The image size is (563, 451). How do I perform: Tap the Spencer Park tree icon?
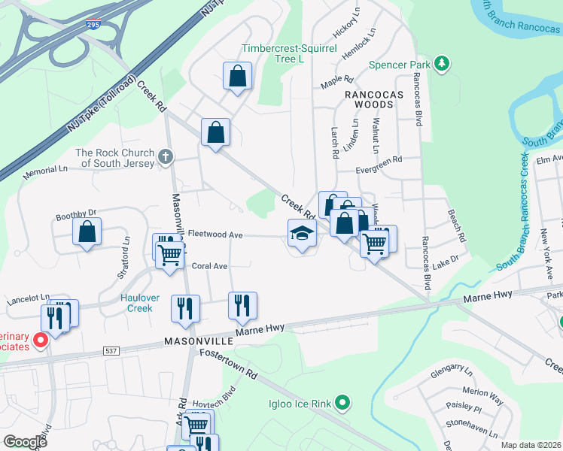pos(443,65)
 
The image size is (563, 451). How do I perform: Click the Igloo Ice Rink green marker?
pos(342,404)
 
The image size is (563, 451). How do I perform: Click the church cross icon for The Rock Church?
pos(166,157)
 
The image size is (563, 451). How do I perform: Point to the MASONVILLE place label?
pos(199,341)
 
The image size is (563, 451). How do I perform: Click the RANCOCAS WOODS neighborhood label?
pos(374,95)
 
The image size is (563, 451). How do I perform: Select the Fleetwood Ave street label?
pos(215,235)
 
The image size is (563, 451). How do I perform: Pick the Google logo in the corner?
pos(26,442)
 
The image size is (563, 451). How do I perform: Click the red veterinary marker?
pos(41,341)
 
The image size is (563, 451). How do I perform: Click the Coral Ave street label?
pos(209,266)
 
